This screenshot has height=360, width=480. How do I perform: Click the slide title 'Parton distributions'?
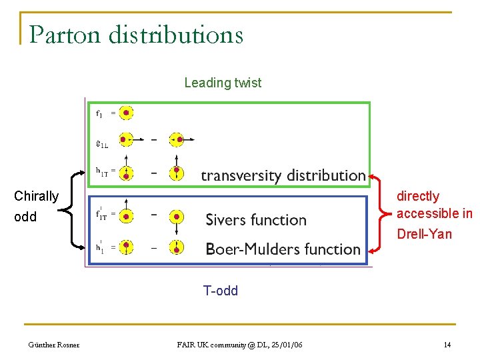[136, 34]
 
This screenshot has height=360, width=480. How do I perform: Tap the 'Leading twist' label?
[223, 83]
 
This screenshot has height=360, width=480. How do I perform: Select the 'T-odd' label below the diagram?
[221, 291]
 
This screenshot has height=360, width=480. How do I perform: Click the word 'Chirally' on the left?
[37, 196]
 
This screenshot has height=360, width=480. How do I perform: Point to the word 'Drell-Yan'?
[424, 234]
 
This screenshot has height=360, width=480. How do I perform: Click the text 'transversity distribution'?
[283, 175]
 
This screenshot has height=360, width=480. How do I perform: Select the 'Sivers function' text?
[256, 220]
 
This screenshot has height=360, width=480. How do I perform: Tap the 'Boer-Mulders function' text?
[283, 249]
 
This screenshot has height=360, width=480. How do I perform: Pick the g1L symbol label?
[101, 141]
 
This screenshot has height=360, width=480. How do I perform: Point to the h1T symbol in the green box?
[101, 171]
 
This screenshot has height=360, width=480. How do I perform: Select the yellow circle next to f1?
[126, 113]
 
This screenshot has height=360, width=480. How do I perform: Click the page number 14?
[447, 345]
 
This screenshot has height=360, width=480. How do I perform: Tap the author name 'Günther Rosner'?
[53, 345]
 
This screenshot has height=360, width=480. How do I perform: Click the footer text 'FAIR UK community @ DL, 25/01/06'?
[239, 345]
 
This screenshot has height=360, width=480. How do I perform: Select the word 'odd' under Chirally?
[25, 217]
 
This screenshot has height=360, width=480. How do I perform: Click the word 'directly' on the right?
[418, 196]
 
